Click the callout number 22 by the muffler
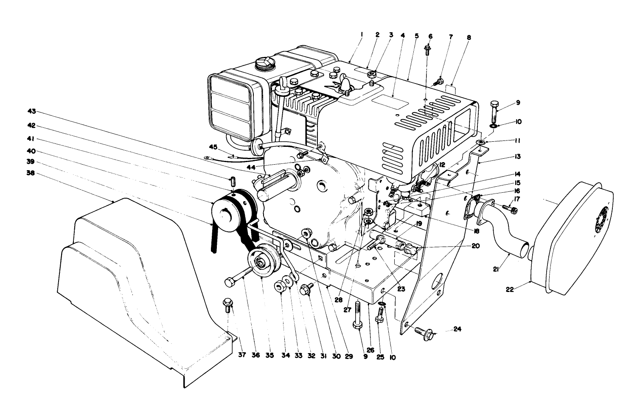pyautogui.click(x=509, y=289)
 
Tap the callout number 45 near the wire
pyautogui.click(x=213, y=147)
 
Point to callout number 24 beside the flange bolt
pyautogui.click(x=457, y=329)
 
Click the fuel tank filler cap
pyautogui.click(x=261, y=65)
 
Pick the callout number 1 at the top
pyautogui.click(x=361, y=34)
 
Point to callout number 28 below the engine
pyautogui.click(x=338, y=300)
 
